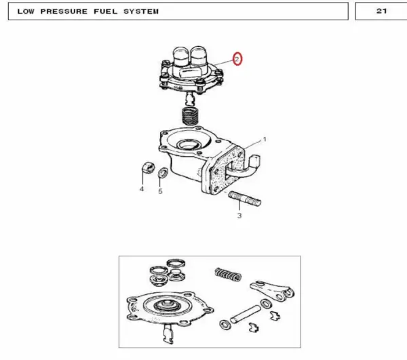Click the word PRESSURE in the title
tap(64, 12)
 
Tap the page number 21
tap(381, 11)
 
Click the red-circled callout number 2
tap(237, 59)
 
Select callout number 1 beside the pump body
tap(265, 140)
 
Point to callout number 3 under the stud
tap(239, 216)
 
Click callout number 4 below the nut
tap(142, 189)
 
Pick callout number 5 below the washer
tap(160, 191)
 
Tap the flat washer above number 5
tap(163, 173)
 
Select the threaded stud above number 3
tap(245, 199)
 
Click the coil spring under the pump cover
tap(190, 116)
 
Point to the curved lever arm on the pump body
tap(244, 169)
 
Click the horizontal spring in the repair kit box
tap(228, 275)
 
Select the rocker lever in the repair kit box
tap(273, 290)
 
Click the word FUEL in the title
tap(106, 12)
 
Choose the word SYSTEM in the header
tap(141, 12)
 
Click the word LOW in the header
tap(26, 12)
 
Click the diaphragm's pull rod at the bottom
tap(168, 334)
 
